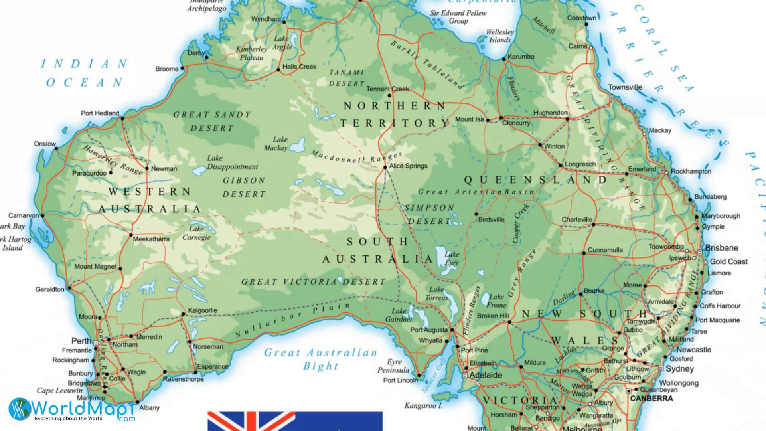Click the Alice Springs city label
(408, 166)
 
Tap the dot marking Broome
(183, 69)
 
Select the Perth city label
(81, 341)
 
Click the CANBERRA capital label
(651, 398)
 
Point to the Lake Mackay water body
(297, 145)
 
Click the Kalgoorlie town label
(202, 310)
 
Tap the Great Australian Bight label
(321, 359)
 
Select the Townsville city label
(625, 87)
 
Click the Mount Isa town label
(469, 119)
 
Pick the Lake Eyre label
(452, 259)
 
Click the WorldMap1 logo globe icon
(19, 409)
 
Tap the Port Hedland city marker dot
(122, 119)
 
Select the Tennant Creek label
(387, 89)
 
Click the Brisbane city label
(721, 248)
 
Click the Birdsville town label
(491, 220)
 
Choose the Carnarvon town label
(24, 215)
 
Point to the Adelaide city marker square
(465, 375)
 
